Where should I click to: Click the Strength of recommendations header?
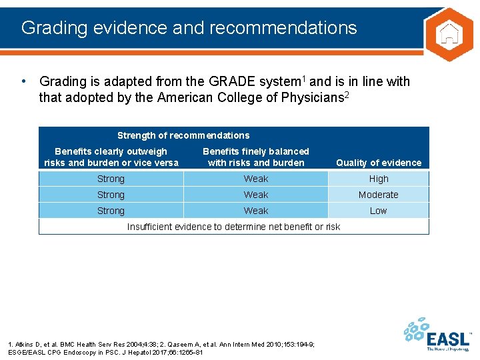tap(183, 135)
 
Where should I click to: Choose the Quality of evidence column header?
tap(379, 163)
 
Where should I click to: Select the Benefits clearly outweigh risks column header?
tap(111, 157)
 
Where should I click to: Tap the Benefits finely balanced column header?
tap(256, 157)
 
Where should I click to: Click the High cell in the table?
tap(379, 179)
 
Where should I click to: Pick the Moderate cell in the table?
tap(379, 195)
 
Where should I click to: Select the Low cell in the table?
tap(379, 211)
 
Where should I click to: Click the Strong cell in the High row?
tap(111, 179)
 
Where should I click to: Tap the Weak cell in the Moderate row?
tap(256, 195)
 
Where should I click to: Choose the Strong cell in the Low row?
tap(111, 211)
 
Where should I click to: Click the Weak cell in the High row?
tap(256, 179)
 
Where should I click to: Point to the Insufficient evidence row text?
tap(233, 227)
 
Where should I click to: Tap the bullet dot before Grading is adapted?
tap(24, 81)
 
